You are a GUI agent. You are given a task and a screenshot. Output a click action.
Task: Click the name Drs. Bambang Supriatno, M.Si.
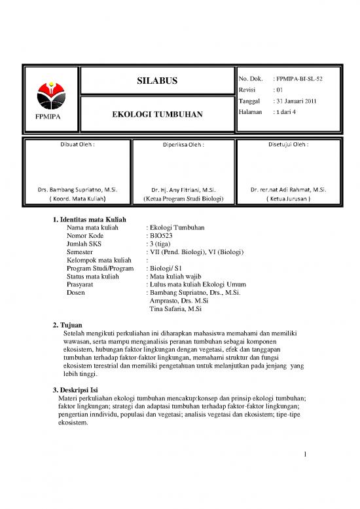click(x=79, y=190)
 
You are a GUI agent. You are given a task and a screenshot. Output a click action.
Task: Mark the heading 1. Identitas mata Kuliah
click(x=89, y=219)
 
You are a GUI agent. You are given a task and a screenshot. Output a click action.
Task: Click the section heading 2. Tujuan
click(x=67, y=324)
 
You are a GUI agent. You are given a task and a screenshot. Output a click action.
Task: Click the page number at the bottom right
click(x=306, y=453)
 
